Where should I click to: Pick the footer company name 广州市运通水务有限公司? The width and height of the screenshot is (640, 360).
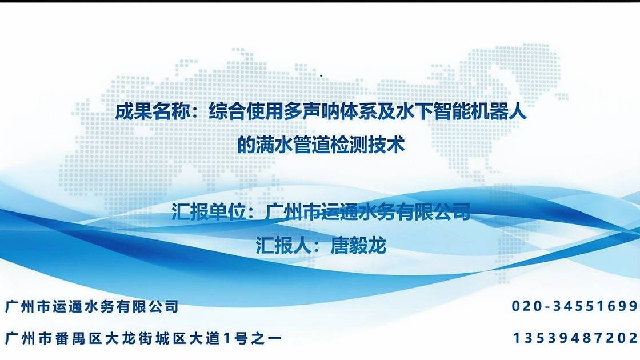(x=91, y=307)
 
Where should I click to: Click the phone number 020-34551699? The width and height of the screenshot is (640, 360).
(x=575, y=307)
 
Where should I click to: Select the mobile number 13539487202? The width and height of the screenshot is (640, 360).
(x=576, y=338)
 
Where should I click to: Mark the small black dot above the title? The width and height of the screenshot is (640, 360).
(x=321, y=75)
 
